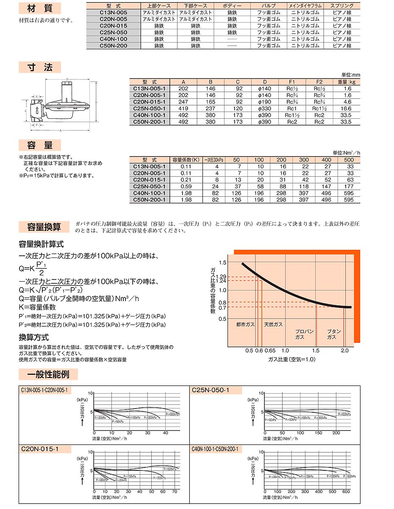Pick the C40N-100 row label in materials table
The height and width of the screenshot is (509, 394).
113,39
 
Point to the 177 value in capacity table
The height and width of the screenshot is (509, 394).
349,187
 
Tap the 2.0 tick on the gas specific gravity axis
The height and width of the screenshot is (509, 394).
344,350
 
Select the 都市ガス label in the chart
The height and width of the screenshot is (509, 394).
245,324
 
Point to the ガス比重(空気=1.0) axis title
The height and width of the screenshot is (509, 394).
292,359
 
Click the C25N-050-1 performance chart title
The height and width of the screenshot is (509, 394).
211,390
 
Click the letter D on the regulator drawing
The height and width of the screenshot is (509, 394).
67,79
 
